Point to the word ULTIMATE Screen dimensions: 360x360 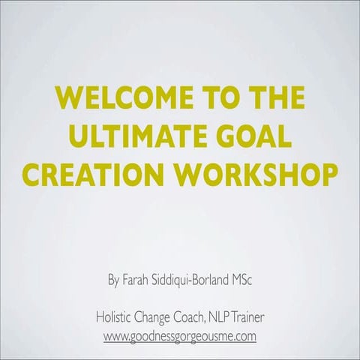pyautogui.click(x=134, y=137)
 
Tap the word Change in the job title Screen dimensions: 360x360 pyautogui.click(x=157, y=318)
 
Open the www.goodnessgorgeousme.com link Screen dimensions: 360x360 pyautogui.click(x=180, y=336)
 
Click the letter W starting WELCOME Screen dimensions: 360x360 pyautogui.click(x=67, y=98)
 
